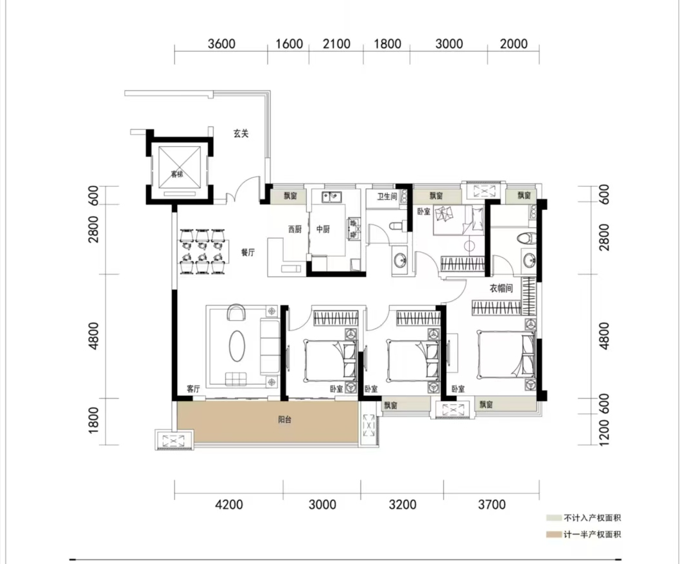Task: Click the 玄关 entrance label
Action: pos(241,133)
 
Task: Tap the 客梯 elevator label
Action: pos(177,175)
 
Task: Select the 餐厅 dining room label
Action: pos(248,253)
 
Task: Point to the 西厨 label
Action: pos(295,229)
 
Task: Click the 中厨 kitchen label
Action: pos(323,229)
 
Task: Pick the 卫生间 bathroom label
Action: pos(387,197)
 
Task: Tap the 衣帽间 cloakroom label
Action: pos(501,288)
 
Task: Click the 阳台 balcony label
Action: pos(284,420)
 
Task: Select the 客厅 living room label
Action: pos(193,389)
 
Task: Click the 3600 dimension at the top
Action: pos(221,44)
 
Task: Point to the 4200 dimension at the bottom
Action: pos(229,505)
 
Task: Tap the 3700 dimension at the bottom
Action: pos(492,505)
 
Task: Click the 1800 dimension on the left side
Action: pos(93,420)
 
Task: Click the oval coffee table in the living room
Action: pos(237,346)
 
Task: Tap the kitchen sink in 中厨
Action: pos(332,197)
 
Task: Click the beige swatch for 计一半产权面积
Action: pos(554,534)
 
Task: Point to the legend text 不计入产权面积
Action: pos(592,518)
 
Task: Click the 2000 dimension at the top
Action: pos(514,44)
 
